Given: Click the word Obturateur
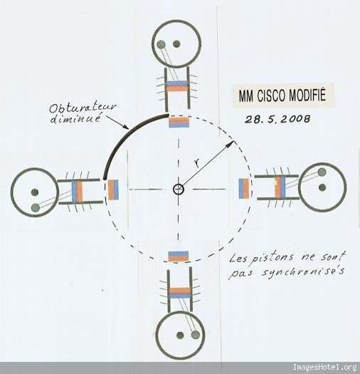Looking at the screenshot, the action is [83, 108].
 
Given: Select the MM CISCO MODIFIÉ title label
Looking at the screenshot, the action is [282, 95].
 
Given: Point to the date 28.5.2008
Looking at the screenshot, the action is [277, 119].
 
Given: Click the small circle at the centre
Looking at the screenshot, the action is [179, 189].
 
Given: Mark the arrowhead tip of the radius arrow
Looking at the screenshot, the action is [234, 141].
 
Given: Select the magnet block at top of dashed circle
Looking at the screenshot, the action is [179, 122].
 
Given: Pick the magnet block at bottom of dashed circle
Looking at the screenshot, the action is [179, 256].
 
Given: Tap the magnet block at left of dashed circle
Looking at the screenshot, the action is [113, 189].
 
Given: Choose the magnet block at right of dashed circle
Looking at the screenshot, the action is [244, 189].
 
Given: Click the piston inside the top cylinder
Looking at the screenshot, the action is [177, 86].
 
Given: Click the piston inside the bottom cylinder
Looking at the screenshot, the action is [180, 293].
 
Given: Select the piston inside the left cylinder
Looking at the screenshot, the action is [78, 192].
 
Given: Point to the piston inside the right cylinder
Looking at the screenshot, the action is [280, 187].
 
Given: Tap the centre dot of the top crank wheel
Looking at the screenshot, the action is [176, 44].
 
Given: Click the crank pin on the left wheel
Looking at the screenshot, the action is [36, 208].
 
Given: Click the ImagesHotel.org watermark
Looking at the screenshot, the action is [324, 367].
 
